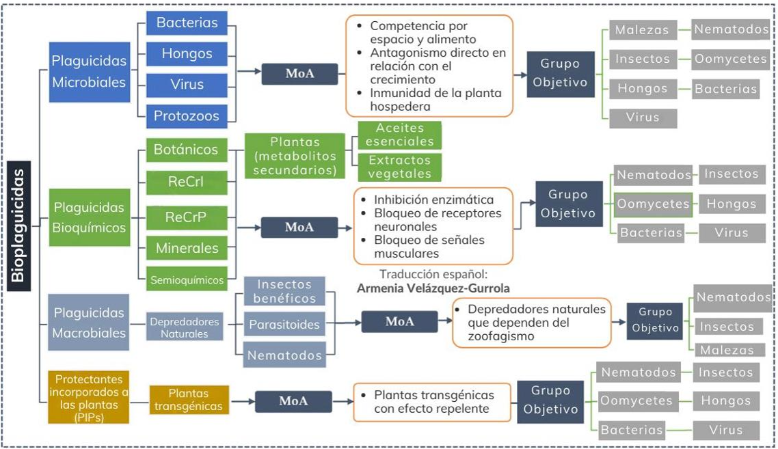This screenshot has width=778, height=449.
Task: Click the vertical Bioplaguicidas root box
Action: click(19, 226)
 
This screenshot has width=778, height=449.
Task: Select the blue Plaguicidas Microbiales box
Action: click(90, 72)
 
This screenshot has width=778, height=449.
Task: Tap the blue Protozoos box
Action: click(187, 115)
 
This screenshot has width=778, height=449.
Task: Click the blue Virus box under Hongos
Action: click(187, 85)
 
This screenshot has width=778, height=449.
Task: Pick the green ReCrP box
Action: click(187, 217)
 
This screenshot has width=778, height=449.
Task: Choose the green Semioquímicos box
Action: click(187, 280)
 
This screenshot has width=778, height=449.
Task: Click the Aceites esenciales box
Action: click(400, 135)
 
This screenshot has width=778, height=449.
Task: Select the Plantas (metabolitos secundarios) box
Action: click(295, 157)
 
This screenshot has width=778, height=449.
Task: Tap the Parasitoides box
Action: click(284, 324)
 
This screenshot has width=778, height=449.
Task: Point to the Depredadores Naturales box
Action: click(184, 327)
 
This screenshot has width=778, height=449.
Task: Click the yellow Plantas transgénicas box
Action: click(189, 400)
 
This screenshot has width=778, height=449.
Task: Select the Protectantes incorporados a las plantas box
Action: click(89, 398)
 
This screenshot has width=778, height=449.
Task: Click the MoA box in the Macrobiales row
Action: click(399, 321)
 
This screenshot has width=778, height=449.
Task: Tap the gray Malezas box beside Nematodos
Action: click(643, 30)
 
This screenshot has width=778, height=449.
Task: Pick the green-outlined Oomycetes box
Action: click(653, 204)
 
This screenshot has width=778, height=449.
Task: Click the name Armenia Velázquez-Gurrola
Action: click(433, 288)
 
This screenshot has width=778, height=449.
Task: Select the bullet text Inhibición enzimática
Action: click(433, 200)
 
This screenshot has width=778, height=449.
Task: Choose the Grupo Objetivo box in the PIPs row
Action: click(550, 401)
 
